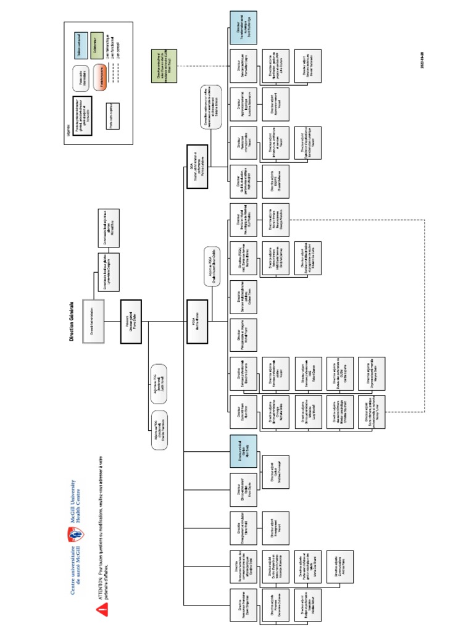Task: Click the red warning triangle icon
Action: (102, 607)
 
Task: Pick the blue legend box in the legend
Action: (80, 43)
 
